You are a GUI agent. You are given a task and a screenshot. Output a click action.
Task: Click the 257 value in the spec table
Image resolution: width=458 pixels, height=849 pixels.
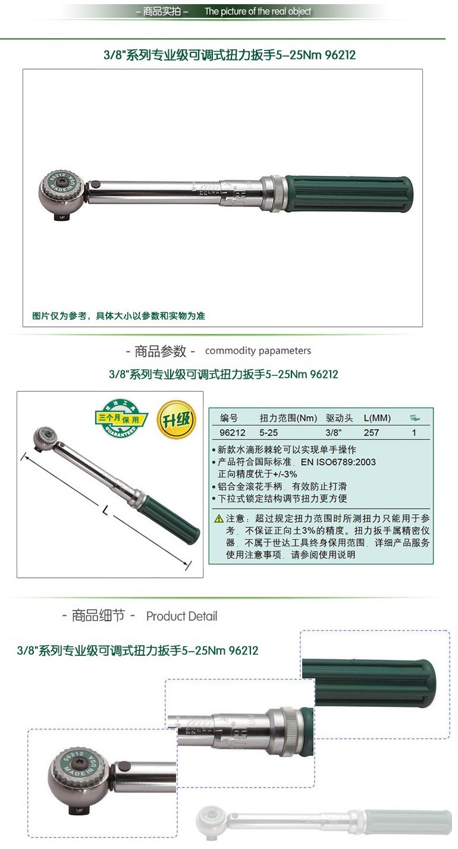point(371,433)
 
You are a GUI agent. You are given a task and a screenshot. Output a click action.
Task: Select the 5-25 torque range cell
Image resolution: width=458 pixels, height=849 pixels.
point(268,433)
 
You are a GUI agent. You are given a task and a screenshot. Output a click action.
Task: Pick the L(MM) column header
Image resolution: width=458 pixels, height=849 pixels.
point(377,418)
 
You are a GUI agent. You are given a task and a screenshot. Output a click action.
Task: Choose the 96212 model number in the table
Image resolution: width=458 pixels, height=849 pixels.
point(233,433)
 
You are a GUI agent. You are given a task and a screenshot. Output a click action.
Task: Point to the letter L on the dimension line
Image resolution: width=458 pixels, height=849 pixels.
point(105,510)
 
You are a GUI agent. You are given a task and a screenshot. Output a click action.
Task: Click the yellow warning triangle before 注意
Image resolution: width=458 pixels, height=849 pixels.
point(219,519)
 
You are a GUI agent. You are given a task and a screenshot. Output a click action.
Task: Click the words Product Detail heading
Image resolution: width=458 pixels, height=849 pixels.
point(181,616)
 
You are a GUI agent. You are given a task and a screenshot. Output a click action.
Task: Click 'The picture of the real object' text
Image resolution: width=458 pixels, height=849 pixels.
point(258,11)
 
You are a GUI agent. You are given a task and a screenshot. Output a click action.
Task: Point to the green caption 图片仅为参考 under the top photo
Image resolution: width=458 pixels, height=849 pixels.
point(118,316)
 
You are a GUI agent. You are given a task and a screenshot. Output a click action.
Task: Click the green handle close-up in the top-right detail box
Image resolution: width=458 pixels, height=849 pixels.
point(375,684)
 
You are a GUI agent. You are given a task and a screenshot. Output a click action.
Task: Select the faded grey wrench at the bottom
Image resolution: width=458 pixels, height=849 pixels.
point(324,823)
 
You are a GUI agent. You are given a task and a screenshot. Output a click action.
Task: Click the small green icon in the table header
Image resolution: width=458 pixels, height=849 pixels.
point(415,418)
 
